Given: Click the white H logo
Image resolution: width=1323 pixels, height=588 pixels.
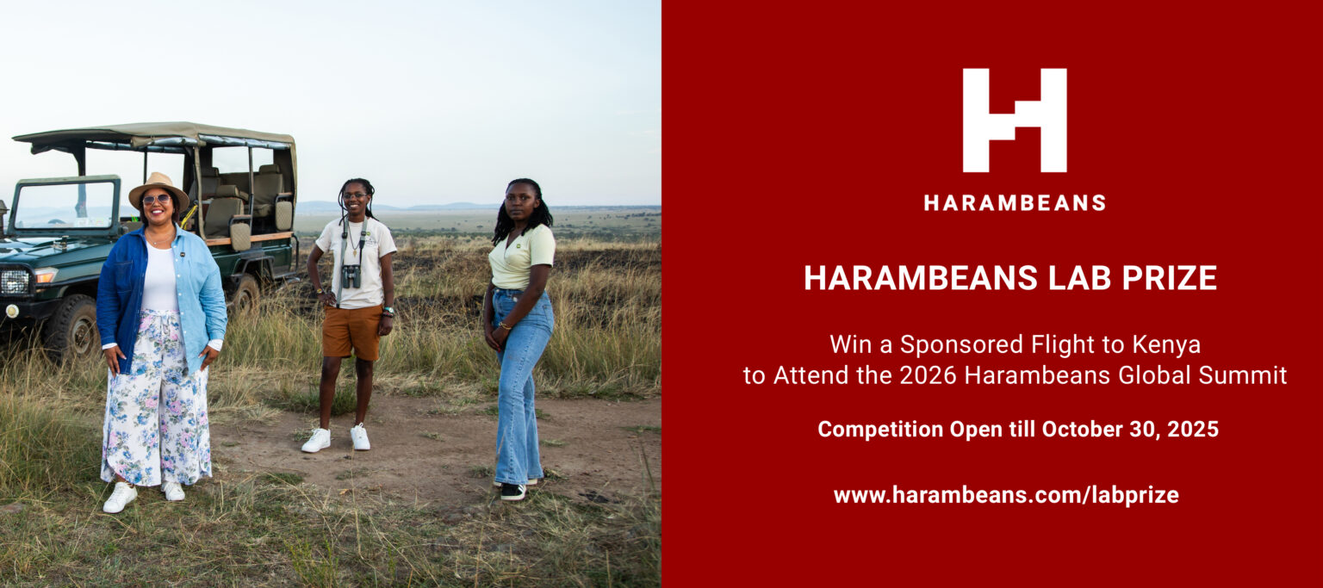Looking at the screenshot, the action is point(1014,121).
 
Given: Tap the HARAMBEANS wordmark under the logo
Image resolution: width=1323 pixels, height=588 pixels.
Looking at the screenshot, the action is point(1015,203).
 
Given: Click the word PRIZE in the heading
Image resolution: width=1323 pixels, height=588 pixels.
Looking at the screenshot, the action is point(1170,278).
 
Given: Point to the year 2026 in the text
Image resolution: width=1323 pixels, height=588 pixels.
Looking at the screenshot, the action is point(928,375).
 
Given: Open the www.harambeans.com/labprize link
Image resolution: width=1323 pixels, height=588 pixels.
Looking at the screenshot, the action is point(1006,495).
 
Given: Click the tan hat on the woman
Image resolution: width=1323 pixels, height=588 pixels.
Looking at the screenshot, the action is point(158,189).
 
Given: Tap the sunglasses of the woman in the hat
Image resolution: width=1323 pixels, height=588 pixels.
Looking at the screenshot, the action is point(157,200).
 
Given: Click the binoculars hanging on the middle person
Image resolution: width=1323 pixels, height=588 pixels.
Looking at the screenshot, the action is point(351,275).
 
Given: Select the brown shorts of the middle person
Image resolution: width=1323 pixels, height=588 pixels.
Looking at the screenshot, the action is point(352,331).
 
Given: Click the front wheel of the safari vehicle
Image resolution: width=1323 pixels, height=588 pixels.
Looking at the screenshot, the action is point(74,327).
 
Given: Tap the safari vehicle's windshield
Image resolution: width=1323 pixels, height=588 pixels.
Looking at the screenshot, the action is point(64,205).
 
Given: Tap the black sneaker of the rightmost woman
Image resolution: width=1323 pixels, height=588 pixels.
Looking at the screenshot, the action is point(512,492).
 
